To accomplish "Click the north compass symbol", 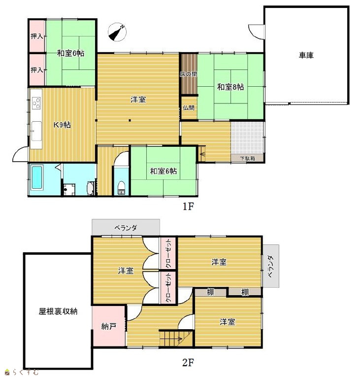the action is (x=117, y=32).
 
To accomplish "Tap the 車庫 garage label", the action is (x=306, y=55).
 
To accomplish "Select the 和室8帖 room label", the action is (x=230, y=87).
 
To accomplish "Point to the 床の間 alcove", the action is (x=189, y=74).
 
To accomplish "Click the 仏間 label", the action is (x=189, y=108).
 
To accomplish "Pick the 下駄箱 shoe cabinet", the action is (x=248, y=158).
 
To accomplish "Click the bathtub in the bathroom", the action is (x=37, y=177).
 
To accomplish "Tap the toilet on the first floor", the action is (x=121, y=188).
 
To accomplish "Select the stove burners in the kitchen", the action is (x=36, y=103).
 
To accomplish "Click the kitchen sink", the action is (x=36, y=131).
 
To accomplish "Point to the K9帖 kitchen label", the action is (x=62, y=125).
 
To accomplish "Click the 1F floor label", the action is (x=188, y=206).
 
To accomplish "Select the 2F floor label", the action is (x=188, y=362).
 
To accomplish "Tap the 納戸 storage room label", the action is (x=109, y=326).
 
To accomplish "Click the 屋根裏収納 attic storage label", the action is (x=58, y=311).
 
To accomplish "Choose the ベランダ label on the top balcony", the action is (x=126, y=228).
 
